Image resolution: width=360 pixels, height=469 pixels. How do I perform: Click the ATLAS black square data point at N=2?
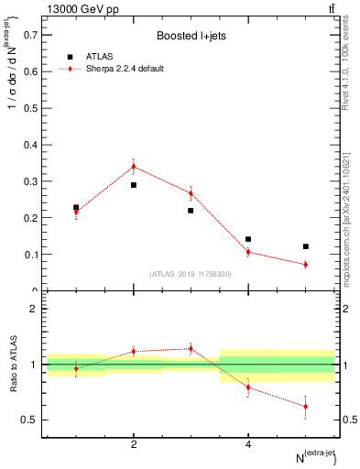pyautogui.click(x=134, y=185)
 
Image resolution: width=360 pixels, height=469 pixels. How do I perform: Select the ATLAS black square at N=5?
pyautogui.click(x=306, y=246)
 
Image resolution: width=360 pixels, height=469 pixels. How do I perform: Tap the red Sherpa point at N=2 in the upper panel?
pyautogui.click(x=134, y=166)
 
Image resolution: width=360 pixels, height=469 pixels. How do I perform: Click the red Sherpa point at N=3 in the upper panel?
pyautogui.click(x=191, y=193)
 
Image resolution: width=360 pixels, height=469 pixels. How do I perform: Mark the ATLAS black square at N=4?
pyautogui.click(x=248, y=239)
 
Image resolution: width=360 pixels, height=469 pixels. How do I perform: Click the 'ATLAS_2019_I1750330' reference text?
pyautogui.click(x=191, y=274)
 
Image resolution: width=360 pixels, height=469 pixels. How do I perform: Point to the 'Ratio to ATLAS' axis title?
pyautogui.click(x=12, y=365)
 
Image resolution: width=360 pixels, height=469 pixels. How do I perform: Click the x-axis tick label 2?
pyautogui.click(x=134, y=444)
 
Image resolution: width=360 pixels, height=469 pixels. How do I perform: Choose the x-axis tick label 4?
pyautogui.click(x=248, y=444)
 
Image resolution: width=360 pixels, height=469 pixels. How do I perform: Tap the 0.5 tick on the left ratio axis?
pyautogui.click(x=28, y=420)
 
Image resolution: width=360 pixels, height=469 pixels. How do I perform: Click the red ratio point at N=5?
pyautogui.click(x=306, y=406)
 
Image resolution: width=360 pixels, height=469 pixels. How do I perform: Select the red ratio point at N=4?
pyautogui.click(x=248, y=387)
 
